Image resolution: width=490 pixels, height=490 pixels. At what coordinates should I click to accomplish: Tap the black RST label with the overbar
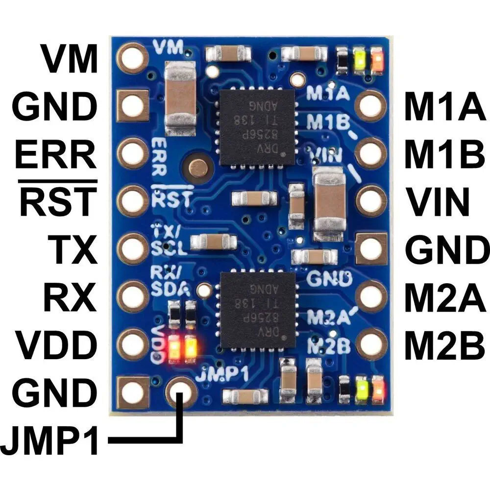pos(58,201)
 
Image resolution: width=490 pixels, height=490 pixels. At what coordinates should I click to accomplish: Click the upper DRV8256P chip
pos(257,127)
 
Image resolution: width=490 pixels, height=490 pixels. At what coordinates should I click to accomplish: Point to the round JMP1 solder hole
pos(181,392)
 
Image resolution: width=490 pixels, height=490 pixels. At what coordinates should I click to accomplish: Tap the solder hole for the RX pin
pos(133,296)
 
